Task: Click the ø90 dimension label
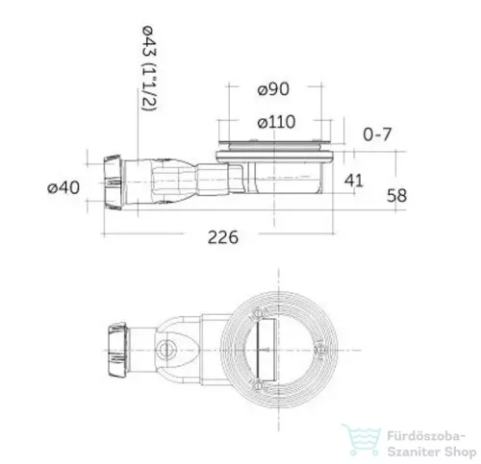coord(273,89)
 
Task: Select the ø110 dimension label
coord(276,122)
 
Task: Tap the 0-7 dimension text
coord(377,134)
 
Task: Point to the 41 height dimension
coord(354,181)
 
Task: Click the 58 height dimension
coord(396,195)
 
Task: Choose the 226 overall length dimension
coord(223,237)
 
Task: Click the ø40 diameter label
coord(63,187)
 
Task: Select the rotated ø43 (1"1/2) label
coord(149,68)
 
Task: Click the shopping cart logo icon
coord(361,440)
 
